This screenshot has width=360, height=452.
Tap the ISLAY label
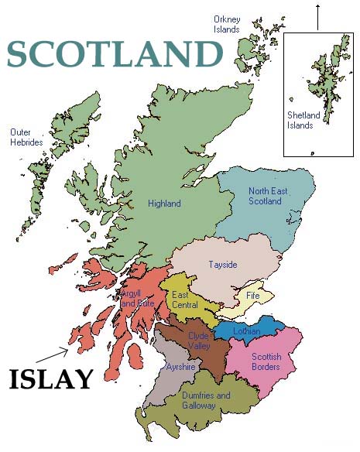[51, 379]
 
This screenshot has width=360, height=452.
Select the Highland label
[164, 204]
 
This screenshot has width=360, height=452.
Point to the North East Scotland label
[266, 196]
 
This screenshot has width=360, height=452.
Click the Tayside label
[223, 265]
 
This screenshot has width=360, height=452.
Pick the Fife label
[253, 296]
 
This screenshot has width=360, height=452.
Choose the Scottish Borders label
[266, 361]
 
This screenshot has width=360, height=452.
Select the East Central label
[185, 300]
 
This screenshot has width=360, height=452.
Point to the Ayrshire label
[180, 367]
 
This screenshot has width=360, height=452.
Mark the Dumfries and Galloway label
[206, 400]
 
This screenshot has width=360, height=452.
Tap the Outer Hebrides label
[26, 137]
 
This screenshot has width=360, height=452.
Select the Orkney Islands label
[227, 24]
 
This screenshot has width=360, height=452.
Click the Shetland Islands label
[300, 122]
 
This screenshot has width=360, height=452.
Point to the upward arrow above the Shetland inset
[317, 15]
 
